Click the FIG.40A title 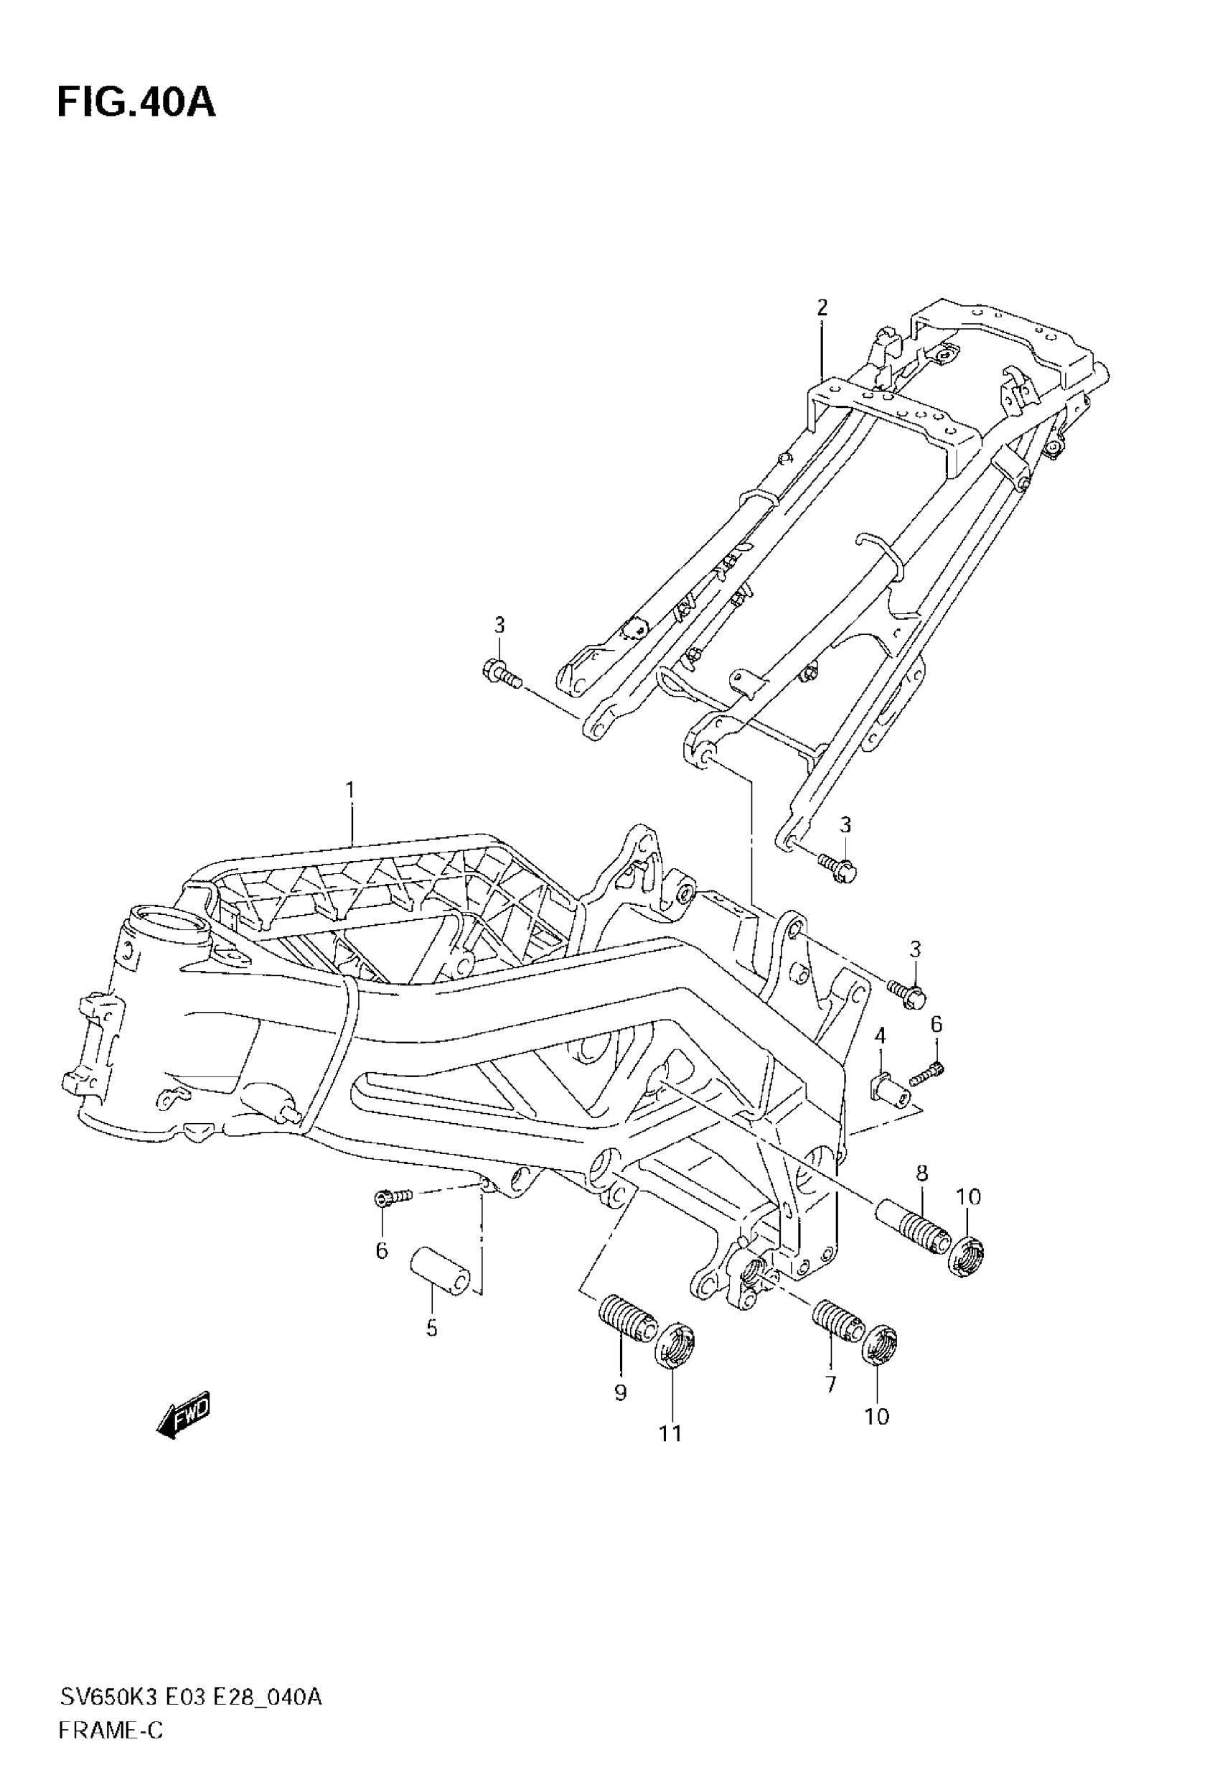[x=136, y=103]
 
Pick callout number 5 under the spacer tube [x=432, y=1329]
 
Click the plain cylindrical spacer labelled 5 [x=438, y=1271]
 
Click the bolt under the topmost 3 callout [x=500, y=672]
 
